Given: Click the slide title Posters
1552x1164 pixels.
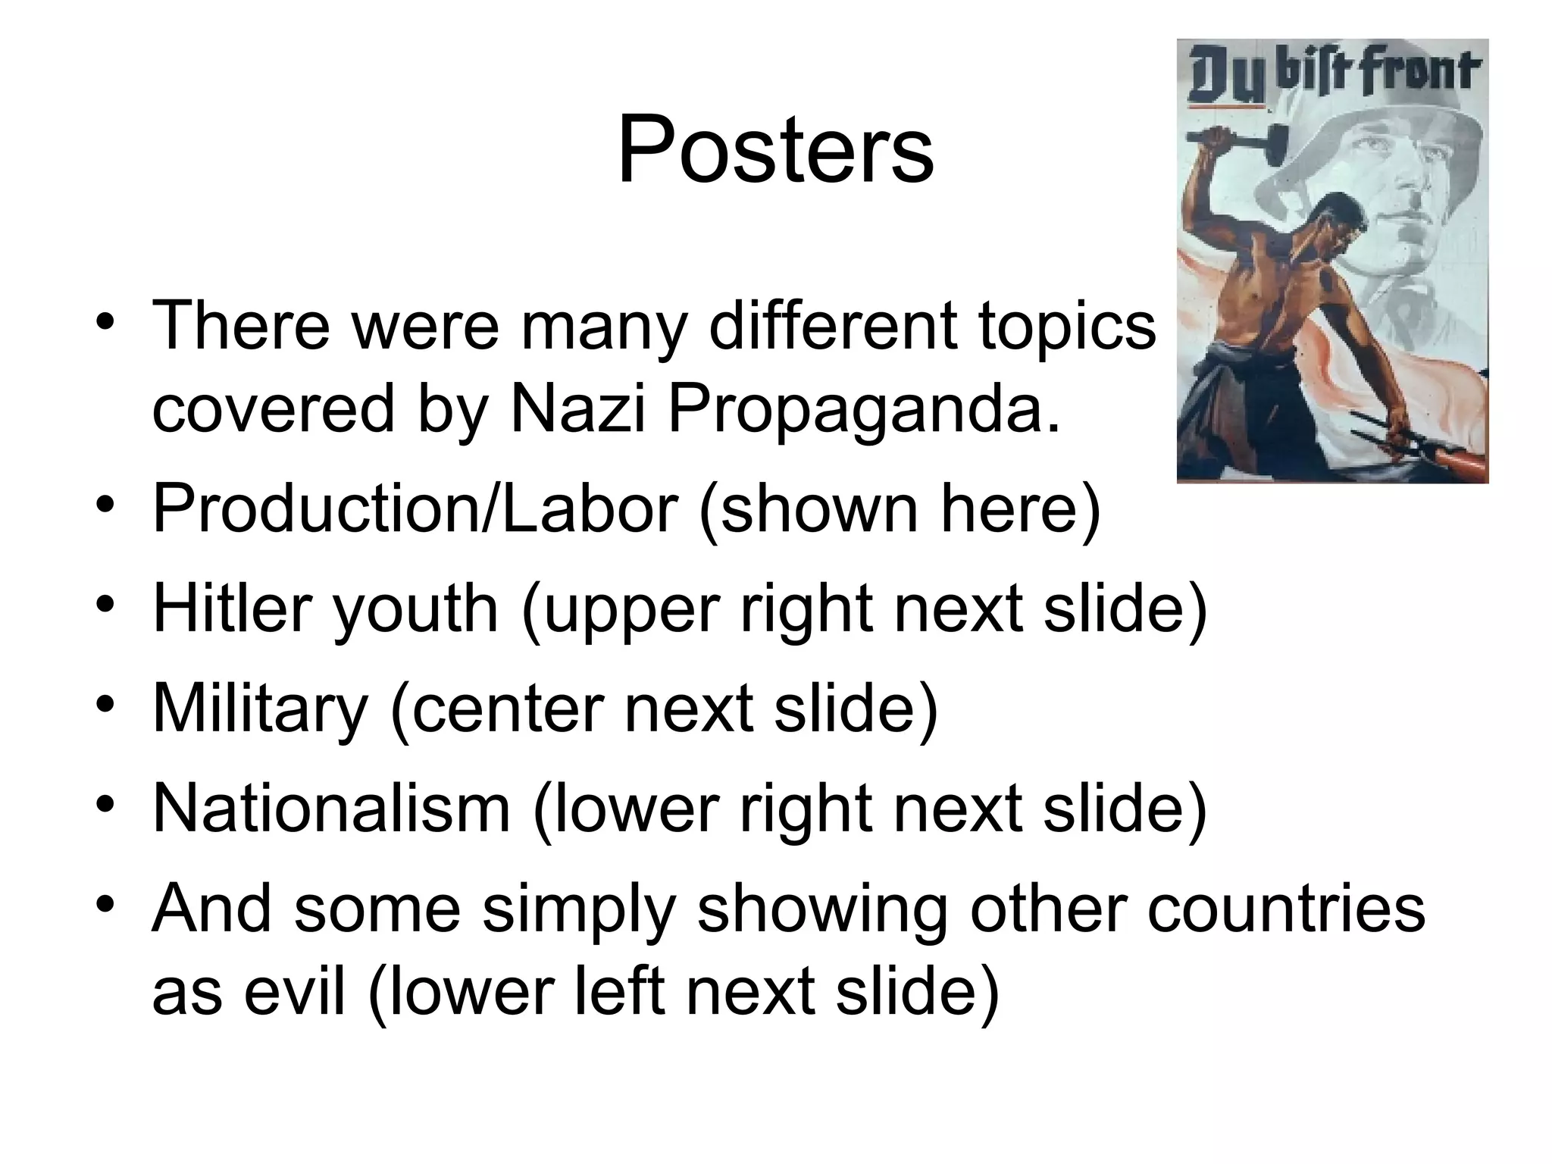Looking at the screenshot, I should click(x=775, y=149).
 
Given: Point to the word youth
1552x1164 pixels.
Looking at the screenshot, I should click(x=415, y=609).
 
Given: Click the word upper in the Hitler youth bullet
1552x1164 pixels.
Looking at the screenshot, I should click(x=629, y=609).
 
